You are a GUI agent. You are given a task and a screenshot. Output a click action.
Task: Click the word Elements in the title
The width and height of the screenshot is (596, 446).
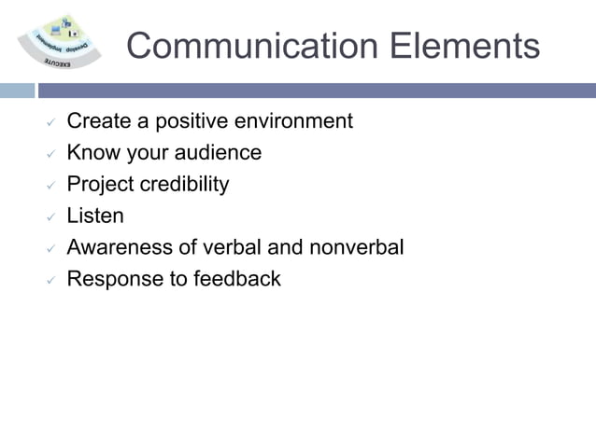point(473,45)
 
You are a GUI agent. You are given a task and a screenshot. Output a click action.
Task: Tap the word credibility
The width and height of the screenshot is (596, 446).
point(184,185)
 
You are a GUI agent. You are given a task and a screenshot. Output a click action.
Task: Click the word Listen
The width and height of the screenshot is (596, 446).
point(94,216)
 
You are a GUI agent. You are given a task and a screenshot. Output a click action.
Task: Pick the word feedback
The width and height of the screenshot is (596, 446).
point(236,279)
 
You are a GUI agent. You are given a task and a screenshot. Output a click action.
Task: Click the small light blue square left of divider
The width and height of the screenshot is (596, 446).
point(16,91)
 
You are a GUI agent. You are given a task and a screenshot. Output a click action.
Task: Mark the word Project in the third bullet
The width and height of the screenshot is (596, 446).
point(100,185)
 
